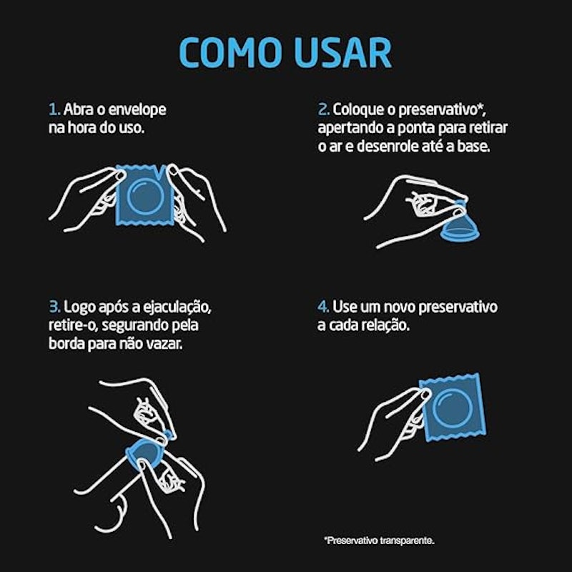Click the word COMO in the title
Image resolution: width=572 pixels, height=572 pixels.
[x=231, y=52]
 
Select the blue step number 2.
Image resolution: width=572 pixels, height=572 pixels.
[x=324, y=109]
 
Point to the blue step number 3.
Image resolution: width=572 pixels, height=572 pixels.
[x=55, y=307]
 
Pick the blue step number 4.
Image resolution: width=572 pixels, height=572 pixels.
[x=323, y=307]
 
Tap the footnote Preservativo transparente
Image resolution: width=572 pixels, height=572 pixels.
[x=379, y=541]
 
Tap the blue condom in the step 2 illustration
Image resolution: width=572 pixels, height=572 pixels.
[x=460, y=225]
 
